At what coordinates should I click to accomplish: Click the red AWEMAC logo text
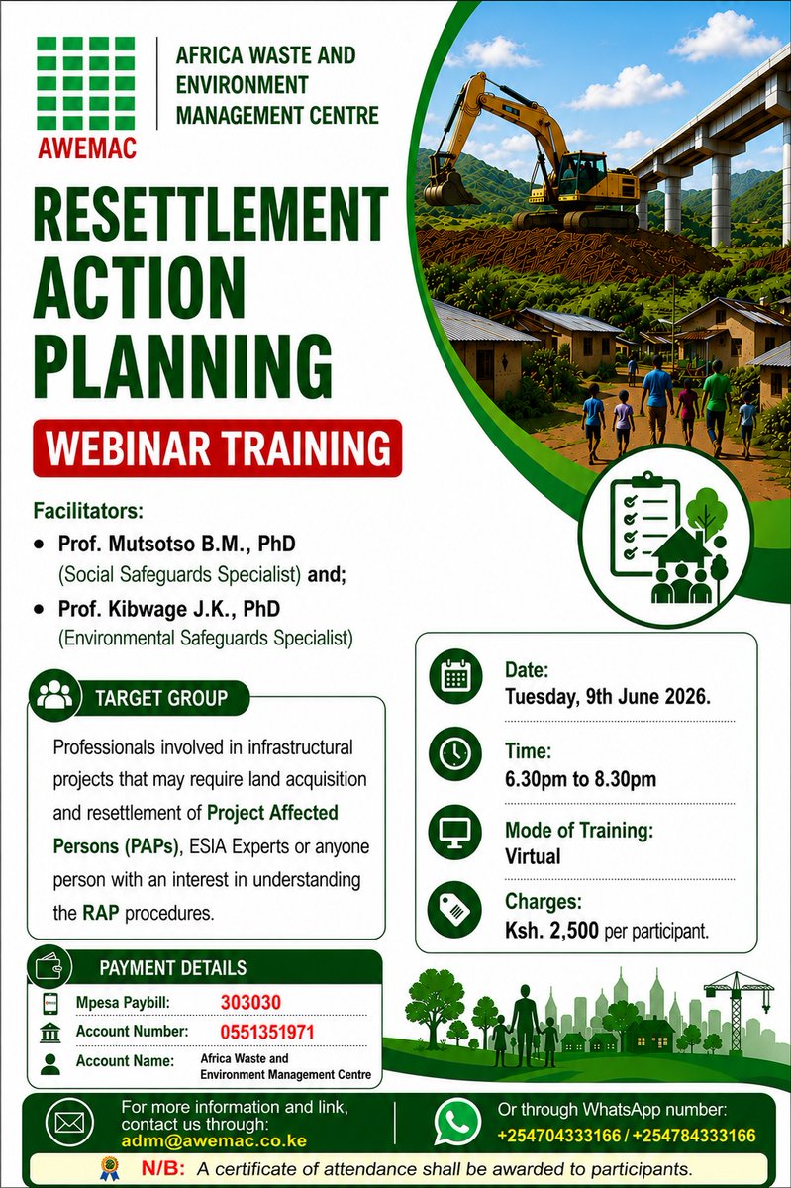point(87,148)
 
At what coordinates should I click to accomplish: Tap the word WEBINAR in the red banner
point(129,448)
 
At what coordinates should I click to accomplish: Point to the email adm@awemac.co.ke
point(214,1140)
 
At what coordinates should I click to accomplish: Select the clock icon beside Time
point(455,753)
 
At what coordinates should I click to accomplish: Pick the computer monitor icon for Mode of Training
point(455,832)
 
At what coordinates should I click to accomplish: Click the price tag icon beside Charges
point(455,910)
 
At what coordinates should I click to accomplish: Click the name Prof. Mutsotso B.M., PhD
point(176,544)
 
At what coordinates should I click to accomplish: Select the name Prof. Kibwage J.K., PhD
point(169,609)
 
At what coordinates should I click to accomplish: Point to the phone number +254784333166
point(694,1135)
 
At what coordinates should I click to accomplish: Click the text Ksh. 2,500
point(551,930)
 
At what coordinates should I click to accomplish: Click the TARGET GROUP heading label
point(161,698)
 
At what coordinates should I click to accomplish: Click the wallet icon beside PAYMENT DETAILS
point(49,968)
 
